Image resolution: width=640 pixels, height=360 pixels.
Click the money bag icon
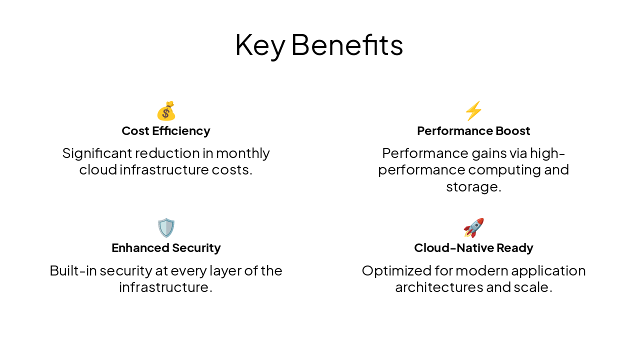[166, 111]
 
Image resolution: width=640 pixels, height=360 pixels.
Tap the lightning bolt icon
[473, 111]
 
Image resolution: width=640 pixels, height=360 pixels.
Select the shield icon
[166, 228]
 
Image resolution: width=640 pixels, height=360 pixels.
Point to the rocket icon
[473, 228]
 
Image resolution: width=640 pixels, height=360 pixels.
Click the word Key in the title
[259, 45]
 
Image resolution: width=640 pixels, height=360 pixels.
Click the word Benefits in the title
[347, 45]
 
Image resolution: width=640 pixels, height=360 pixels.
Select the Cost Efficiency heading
[166, 131]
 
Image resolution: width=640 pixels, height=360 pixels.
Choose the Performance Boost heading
[473, 131]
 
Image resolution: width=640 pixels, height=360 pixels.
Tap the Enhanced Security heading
[166, 248]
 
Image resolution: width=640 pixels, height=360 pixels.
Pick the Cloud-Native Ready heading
[473, 248]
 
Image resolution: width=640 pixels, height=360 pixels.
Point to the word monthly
[243, 153]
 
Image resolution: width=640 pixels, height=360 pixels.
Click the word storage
[472, 187]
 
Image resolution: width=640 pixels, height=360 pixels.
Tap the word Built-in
[73, 270]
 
